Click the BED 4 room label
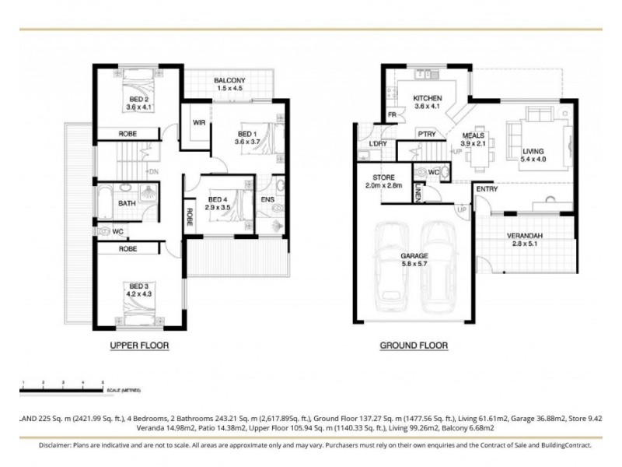pyautogui.click(x=217, y=199)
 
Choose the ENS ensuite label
pyautogui.click(x=266, y=200)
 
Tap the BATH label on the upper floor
pyautogui.click(x=127, y=203)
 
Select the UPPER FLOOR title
pyautogui.click(x=139, y=345)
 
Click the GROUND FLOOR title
pyautogui.click(x=413, y=345)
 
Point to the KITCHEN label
pyautogui.click(x=428, y=98)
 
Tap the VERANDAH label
pyautogui.click(x=525, y=235)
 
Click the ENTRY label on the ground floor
pyautogui.click(x=487, y=189)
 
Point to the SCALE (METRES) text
pyautogui.click(x=125, y=389)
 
